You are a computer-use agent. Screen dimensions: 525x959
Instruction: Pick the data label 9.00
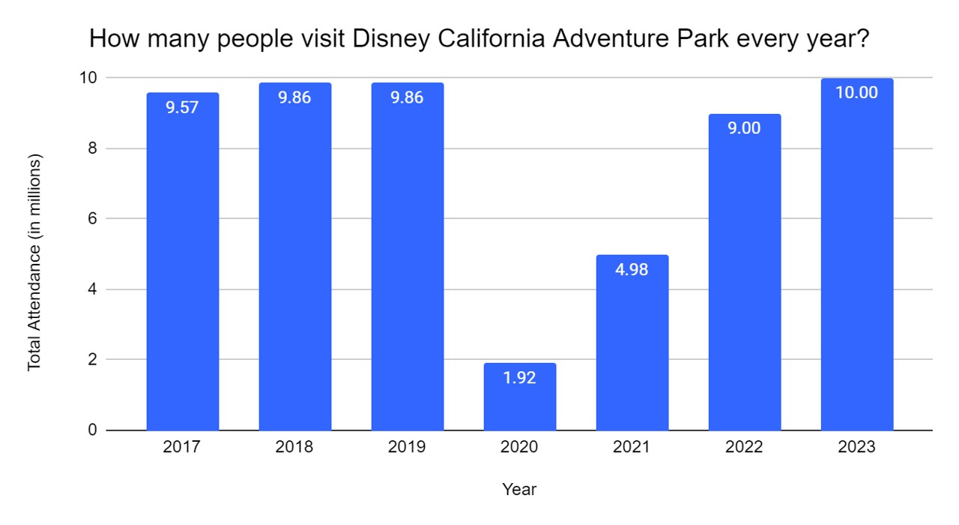pos(744,128)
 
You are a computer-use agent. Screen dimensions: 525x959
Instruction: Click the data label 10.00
pos(856,94)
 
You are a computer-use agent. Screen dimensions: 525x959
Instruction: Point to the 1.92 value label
pos(519,378)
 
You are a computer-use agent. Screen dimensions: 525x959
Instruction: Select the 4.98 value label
pos(632,270)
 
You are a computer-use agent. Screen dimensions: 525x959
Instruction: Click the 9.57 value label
pos(182,107)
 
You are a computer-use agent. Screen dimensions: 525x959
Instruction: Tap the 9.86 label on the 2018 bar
pos(294,97)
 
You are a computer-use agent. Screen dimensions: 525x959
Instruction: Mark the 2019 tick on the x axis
pos(407,448)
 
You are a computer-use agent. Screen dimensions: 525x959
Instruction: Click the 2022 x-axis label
pos(744,448)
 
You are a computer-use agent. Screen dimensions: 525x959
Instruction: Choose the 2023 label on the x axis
pos(856,448)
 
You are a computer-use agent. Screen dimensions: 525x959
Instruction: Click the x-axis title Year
pos(519,490)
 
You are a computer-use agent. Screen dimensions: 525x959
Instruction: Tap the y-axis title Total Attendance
pos(34,262)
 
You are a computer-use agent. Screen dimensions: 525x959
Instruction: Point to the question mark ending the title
pos(862,39)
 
